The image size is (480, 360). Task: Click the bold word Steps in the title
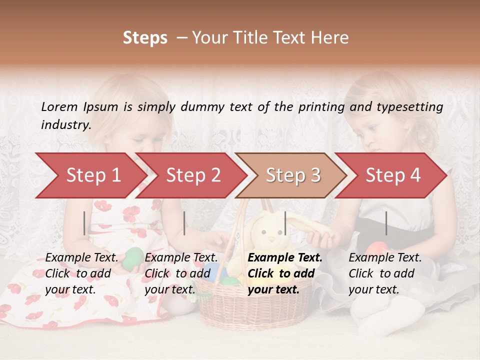pyautogui.click(x=145, y=38)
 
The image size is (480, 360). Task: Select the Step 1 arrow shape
pyautogui.click(x=90, y=175)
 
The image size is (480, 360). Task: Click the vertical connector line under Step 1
pyautogui.click(x=84, y=223)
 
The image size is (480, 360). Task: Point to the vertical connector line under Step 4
pyautogui.click(x=386, y=223)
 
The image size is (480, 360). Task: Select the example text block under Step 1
pyautogui.click(x=82, y=273)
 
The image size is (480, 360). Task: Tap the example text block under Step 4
pyautogui.click(x=385, y=273)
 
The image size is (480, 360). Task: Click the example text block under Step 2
pyautogui.click(x=181, y=273)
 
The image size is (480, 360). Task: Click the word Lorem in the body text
pyautogui.click(x=59, y=106)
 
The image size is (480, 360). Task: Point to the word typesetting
pyautogui.click(x=409, y=106)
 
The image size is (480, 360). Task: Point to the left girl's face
pyautogui.click(x=132, y=120)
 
